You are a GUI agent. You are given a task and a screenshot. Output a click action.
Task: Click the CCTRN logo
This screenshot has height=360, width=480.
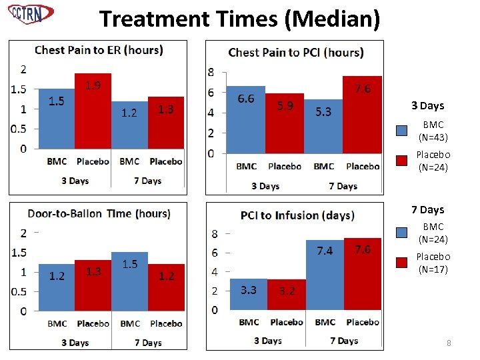pos(31,13)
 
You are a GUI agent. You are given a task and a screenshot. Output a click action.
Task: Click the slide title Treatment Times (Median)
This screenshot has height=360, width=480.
pos(240,18)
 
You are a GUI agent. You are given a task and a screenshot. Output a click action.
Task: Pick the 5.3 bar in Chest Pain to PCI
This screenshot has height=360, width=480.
pos(323,127)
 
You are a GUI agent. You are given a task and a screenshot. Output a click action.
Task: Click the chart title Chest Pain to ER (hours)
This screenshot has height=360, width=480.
pos(99,49)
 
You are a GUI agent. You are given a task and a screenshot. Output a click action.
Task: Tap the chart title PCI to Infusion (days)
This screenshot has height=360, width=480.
pos(297,215)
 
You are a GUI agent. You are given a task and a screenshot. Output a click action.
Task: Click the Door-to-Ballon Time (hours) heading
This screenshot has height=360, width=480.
pos(99,213)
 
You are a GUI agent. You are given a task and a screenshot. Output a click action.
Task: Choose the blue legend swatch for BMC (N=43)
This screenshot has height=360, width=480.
pos(403,131)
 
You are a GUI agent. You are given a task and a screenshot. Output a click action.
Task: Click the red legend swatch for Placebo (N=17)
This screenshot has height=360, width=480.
pos(403,263)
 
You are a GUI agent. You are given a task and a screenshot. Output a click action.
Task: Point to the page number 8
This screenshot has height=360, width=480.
pos(449,343)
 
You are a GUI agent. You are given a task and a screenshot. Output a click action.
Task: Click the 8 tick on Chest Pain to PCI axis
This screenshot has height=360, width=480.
pos(211,72)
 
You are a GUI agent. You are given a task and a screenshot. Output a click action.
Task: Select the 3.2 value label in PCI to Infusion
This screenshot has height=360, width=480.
pos(287,291)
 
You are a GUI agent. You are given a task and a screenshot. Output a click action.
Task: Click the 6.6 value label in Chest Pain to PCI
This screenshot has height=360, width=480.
pos(246,99)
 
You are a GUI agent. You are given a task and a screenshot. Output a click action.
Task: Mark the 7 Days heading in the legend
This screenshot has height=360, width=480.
pos(427,210)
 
